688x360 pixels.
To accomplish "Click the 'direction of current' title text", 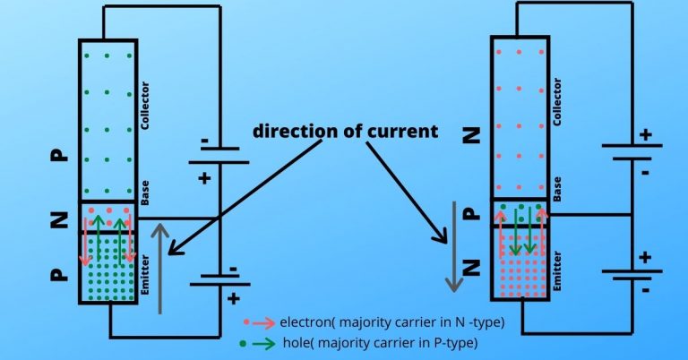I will (345, 131).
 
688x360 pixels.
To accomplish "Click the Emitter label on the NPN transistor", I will (557, 265).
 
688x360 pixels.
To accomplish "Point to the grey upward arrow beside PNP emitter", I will (161, 268).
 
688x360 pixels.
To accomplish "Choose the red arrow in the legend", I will (262, 321).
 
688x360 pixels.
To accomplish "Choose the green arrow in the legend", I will (262, 342).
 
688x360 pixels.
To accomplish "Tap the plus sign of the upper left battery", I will (204, 178).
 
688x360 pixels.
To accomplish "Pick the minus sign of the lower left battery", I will (234, 268).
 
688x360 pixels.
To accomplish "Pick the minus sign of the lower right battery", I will (643, 289).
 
